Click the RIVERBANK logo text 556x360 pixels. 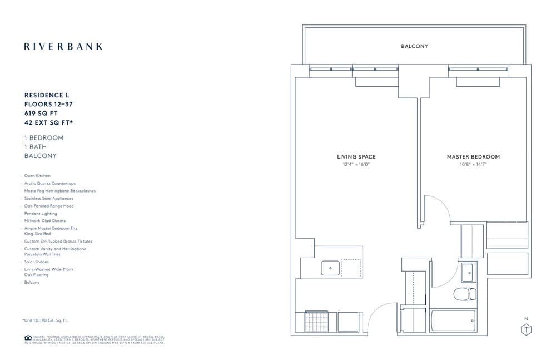(x=63, y=47)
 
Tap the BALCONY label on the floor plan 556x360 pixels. (x=414, y=46)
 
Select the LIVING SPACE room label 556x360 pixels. (x=356, y=157)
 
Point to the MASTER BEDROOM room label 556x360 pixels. (x=473, y=157)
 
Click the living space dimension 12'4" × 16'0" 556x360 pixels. (x=356, y=165)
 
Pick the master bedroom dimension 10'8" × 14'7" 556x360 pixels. (x=473, y=165)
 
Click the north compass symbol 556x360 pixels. (x=525, y=329)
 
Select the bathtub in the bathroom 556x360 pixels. (x=453, y=320)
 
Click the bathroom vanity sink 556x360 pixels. (x=468, y=272)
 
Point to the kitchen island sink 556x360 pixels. (x=330, y=268)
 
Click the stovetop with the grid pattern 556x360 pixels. (x=316, y=321)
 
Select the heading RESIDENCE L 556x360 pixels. (x=47, y=95)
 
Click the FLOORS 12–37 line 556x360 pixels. (x=48, y=103)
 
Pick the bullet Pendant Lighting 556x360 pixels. (x=41, y=214)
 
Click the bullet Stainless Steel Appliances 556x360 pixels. (x=48, y=199)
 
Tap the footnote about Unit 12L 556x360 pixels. (x=46, y=320)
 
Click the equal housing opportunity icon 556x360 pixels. (x=28, y=338)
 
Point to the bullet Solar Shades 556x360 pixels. (x=37, y=262)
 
